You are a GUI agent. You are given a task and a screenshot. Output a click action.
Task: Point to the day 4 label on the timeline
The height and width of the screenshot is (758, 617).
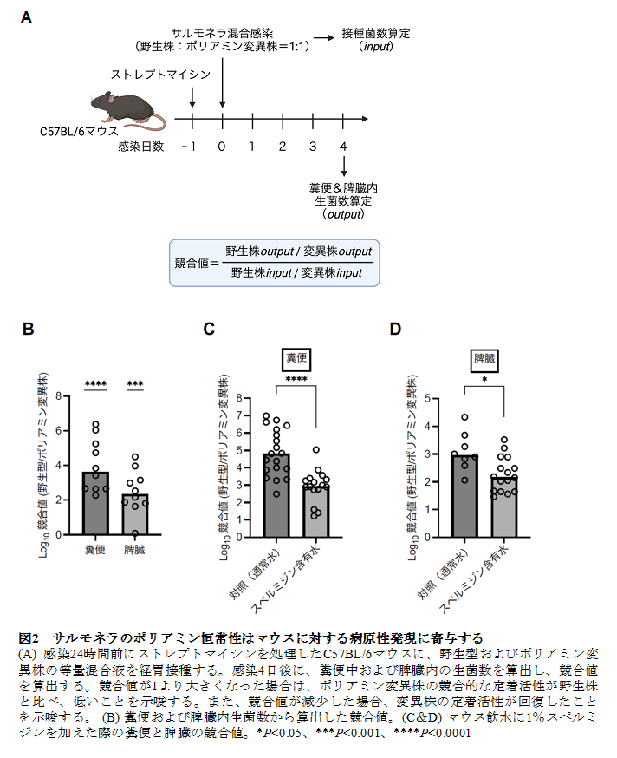[344, 147]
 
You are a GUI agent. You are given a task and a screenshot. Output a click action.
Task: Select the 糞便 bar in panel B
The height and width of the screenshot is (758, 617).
[94, 503]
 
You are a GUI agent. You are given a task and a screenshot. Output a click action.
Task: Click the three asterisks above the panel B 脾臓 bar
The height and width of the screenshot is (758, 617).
[134, 384]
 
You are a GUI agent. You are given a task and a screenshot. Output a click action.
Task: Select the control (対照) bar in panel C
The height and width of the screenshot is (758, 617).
[276, 495]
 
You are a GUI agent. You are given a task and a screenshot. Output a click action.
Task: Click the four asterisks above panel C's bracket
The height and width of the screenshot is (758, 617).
[296, 378]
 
